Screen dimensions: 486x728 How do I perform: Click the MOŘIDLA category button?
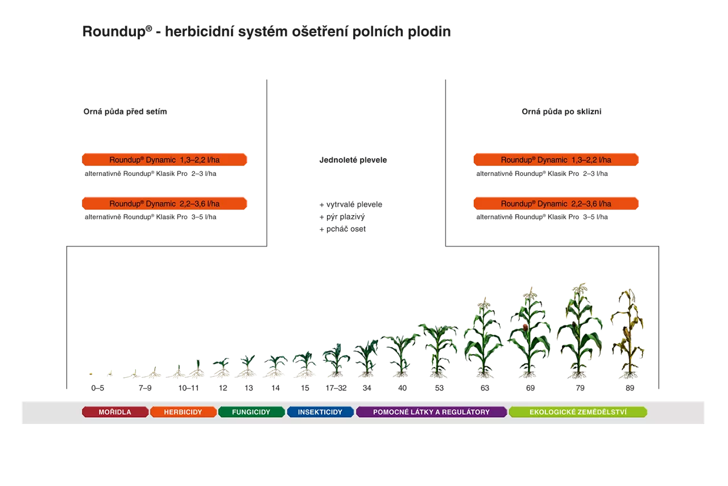click(x=115, y=412)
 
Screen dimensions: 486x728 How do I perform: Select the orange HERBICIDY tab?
click(x=183, y=412)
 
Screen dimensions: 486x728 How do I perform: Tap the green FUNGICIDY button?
click(x=251, y=412)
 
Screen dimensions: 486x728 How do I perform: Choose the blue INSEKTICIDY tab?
click(x=320, y=412)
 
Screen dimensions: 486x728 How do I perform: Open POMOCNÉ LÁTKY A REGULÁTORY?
click(x=431, y=412)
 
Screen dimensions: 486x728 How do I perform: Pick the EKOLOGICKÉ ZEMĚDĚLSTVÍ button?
click(x=578, y=412)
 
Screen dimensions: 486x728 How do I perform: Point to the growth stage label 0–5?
click(x=97, y=388)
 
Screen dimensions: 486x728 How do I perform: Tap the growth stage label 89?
click(x=629, y=388)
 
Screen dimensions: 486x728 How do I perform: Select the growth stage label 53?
click(x=439, y=388)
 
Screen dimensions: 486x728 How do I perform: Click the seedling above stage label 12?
click(x=222, y=368)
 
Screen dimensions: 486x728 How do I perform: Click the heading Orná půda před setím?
click(x=125, y=112)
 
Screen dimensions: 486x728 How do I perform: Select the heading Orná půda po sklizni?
click(x=561, y=112)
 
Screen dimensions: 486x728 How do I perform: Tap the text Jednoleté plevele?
click(x=353, y=160)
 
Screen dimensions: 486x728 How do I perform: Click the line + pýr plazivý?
click(x=342, y=217)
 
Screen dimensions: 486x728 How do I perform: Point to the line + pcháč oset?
click(x=342, y=229)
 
